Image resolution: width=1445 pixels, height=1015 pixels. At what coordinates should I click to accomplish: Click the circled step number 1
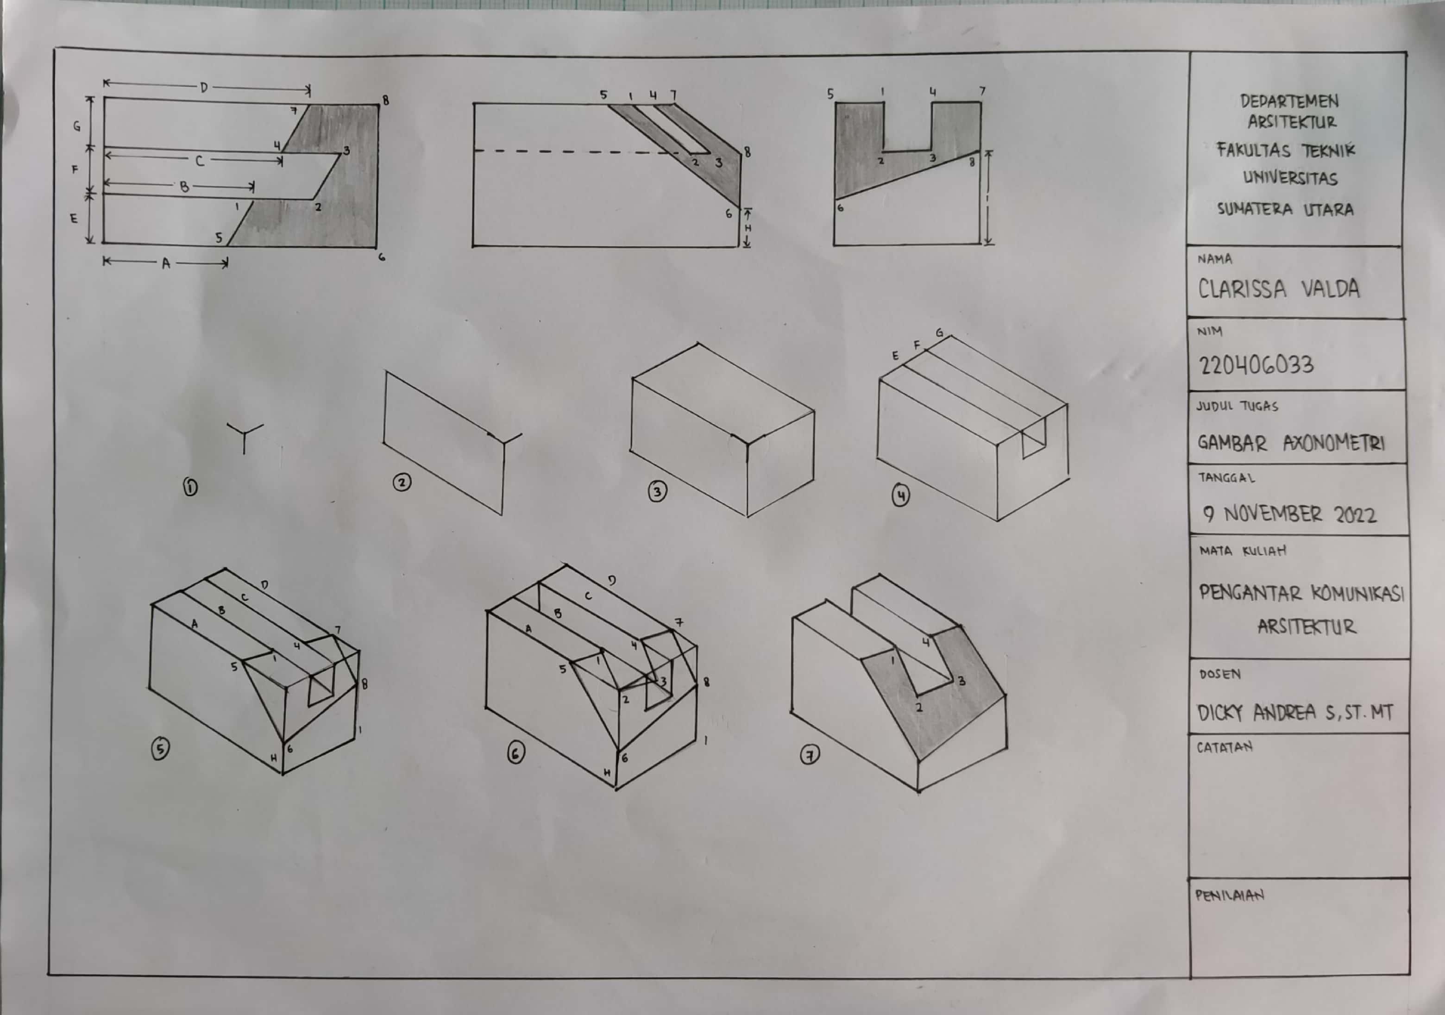coord(190,486)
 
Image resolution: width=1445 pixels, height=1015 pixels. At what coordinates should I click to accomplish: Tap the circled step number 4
coord(901,496)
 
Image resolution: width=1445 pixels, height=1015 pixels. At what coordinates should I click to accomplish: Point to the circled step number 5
coord(161,749)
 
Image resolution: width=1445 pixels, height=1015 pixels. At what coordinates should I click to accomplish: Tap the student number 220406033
coord(1256,365)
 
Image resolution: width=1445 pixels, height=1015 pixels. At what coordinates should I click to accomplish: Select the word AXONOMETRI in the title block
coord(1333,443)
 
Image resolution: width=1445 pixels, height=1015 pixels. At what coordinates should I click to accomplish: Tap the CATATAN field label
coord(1225,747)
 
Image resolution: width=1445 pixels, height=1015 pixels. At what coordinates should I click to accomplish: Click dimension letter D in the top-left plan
coord(204,88)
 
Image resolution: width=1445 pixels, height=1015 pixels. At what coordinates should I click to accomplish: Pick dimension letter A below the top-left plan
coord(166,263)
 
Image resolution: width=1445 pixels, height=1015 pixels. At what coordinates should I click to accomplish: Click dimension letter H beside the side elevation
coord(748,228)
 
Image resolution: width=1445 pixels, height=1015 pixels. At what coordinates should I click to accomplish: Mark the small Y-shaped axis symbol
coord(244,435)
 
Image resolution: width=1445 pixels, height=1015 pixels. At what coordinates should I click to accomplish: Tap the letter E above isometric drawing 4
coord(895,356)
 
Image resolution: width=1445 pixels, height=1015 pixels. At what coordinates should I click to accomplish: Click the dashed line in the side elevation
coord(576,151)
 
